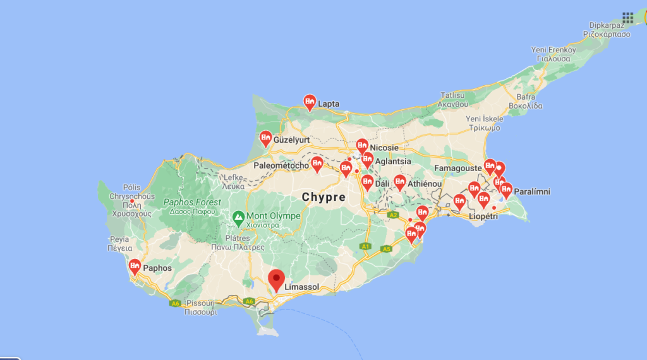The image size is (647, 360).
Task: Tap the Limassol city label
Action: tap(302, 287)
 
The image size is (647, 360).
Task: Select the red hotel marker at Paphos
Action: tap(135, 267)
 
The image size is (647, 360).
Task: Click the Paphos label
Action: tap(157, 268)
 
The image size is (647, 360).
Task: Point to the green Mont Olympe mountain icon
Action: tap(238, 218)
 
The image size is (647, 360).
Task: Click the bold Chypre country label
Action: tap(323, 197)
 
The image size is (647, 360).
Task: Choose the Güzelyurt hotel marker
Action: tap(266, 137)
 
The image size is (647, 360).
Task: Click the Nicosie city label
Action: tap(384, 148)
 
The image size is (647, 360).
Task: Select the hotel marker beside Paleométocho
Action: tap(317, 164)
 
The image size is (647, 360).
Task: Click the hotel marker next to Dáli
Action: tap(367, 182)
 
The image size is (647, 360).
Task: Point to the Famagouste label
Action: tap(457, 168)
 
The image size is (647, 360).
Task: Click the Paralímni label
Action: tap(532, 191)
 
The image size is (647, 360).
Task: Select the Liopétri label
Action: tap(483, 216)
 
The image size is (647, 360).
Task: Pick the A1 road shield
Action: tap(365, 246)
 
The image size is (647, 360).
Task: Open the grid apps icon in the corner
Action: tap(627, 17)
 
